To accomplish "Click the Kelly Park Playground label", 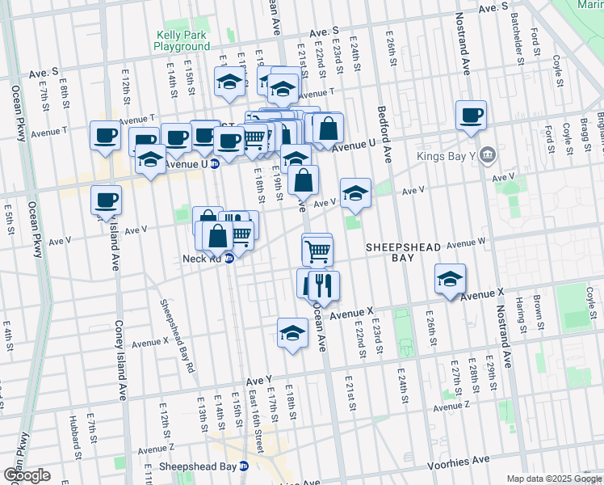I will point(181,40).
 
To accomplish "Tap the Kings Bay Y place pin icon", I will point(487,155).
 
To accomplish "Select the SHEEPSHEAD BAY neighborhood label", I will point(401,251).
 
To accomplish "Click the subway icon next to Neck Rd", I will point(229,259).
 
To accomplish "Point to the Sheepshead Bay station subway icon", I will point(244,466).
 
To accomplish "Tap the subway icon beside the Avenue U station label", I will point(216,163).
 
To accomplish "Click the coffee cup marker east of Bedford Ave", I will point(471,115).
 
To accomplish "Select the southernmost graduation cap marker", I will point(292,333).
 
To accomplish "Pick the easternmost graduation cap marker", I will point(451,279).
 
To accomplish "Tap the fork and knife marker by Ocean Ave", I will point(324,285).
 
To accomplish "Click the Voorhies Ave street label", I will point(459,459).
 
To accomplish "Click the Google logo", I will point(27,475).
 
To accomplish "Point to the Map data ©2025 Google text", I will point(554,479).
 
